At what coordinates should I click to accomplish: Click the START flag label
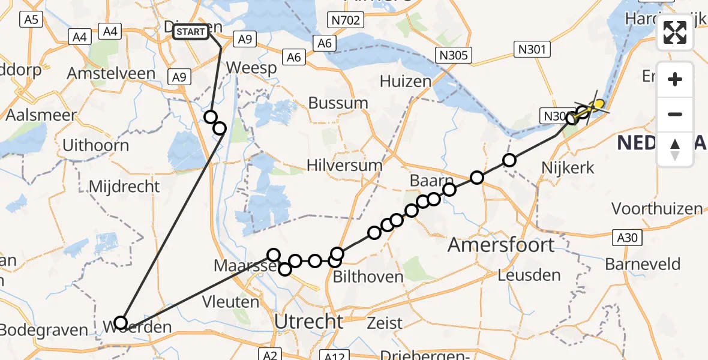pos(191,32)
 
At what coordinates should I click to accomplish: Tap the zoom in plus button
pos(675,80)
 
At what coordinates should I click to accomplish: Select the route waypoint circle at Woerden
pos(121,323)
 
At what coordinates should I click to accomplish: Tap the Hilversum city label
pos(344,165)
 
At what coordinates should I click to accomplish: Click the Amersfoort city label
pos(493,245)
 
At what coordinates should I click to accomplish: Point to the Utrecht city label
pos(308,321)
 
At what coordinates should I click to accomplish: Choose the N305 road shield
pos(454,55)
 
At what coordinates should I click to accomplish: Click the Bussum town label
pos(338,103)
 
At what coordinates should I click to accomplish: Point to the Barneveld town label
pos(643,264)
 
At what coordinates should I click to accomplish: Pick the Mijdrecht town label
pos(124,186)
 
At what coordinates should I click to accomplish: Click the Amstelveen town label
pos(111,74)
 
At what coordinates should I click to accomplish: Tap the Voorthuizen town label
pos(656,209)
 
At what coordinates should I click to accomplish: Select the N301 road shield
pos(532,49)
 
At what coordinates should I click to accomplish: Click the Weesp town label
pos(251,67)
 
